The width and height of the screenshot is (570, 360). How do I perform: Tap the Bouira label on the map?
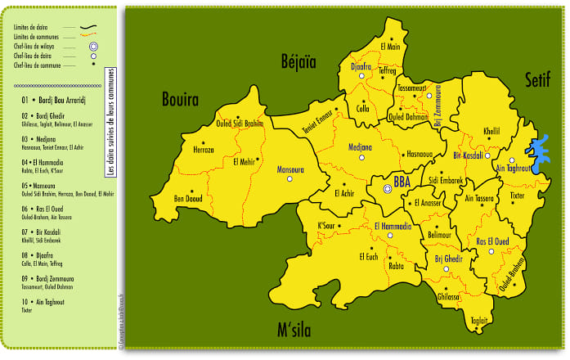(180, 101)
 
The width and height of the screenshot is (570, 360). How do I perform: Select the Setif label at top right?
(537, 79)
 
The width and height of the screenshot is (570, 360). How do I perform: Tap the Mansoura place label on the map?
(291, 170)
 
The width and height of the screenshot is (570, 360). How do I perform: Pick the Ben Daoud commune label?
(188, 198)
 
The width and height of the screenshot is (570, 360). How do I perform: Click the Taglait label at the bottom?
(479, 320)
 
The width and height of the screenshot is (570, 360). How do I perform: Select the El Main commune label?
(391, 47)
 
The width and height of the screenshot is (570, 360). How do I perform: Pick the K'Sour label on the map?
(326, 225)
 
